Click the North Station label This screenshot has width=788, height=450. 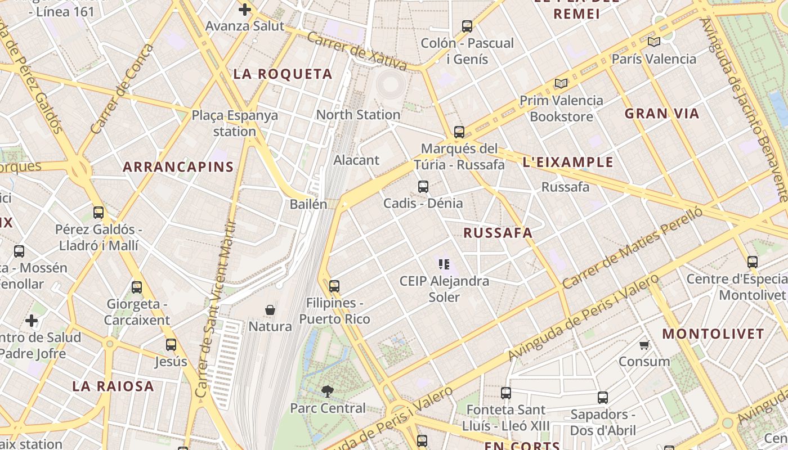pos(358,115)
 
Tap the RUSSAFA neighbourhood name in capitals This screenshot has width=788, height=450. pos(498,233)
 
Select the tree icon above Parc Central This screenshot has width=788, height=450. pos(327,391)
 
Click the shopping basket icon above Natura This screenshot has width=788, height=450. pos(270,310)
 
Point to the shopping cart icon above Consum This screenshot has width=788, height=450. pos(644,345)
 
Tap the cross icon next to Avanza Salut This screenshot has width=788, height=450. pos(245,10)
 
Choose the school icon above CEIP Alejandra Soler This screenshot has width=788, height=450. pos(444,264)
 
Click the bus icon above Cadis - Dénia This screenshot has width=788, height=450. pos(423,187)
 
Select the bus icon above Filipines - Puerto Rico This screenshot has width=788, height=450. pos(334,286)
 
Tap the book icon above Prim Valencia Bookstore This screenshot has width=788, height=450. pos(561,84)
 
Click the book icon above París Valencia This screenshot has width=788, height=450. pos(653,42)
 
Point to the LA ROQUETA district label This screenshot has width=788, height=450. pos(283,74)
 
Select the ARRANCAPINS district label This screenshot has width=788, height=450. pos(178,167)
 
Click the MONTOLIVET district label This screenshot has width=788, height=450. pos(713,334)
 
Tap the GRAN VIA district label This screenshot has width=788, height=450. pos(662,114)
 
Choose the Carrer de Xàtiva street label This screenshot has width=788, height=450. pos(357,51)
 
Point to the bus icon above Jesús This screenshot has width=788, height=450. pos(171,345)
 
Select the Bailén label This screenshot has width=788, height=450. pos(308,204)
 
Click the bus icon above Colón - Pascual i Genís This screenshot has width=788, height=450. pos(467,26)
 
